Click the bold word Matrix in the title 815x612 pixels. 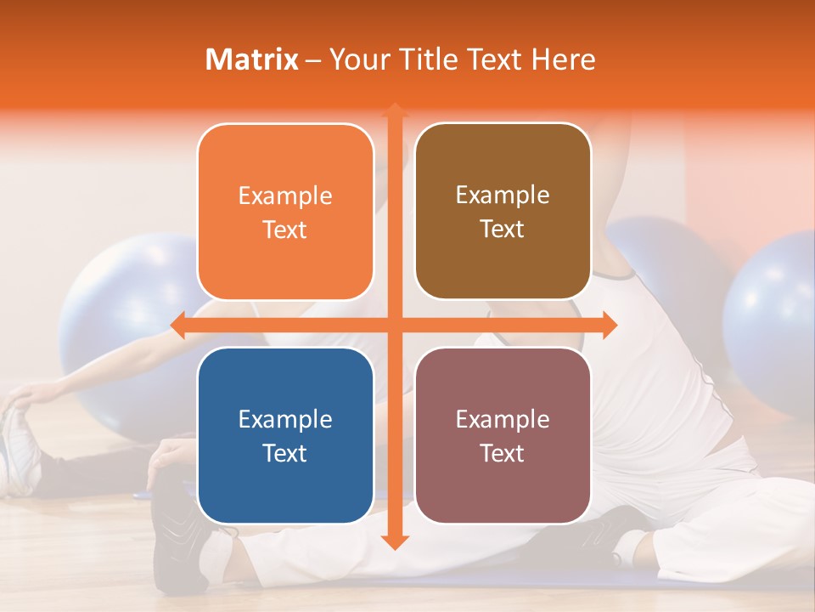pyautogui.click(x=252, y=59)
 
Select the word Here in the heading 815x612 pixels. pyautogui.click(x=563, y=59)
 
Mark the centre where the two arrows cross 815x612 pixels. pyautogui.click(x=394, y=325)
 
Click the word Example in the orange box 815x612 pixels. pyautogui.click(x=285, y=196)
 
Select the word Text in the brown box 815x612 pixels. pyautogui.click(x=503, y=229)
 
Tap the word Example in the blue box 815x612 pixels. pyautogui.click(x=285, y=419)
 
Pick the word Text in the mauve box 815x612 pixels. pyautogui.click(x=503, y=453)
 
